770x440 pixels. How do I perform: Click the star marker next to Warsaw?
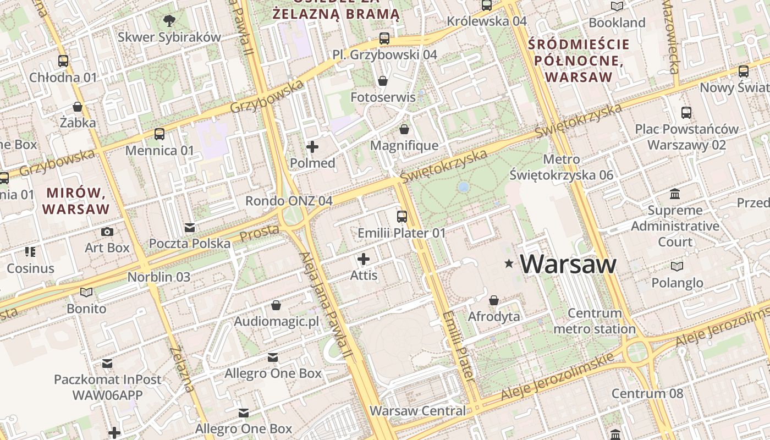point(509,265)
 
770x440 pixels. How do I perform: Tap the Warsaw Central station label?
point(417,411)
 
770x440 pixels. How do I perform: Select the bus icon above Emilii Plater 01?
point(402,216)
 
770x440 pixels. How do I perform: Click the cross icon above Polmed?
point(312,146)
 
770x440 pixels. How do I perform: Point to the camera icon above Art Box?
point(107,232)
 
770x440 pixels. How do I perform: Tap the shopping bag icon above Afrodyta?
point(494,300)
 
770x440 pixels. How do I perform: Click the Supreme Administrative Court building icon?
point(675,194)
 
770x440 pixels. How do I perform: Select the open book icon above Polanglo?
point(677,266)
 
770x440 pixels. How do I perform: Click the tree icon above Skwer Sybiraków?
point(169,21)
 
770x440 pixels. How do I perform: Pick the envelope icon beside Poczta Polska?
point(190,227)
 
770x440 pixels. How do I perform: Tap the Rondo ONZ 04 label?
point(289,201)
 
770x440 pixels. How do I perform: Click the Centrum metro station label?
point(595,321)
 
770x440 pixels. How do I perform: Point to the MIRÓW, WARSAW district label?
point(76,201)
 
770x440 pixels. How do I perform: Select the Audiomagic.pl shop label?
point(277,321)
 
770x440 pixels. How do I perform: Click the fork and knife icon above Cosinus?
point(30,252)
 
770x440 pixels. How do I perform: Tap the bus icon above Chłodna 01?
point(63,61)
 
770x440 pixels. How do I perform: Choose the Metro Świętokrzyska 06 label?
point(561,167)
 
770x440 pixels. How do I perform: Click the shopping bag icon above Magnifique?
point(404,129)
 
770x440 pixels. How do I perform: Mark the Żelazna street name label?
point(182,369)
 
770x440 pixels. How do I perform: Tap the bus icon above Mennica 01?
point(159,134)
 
